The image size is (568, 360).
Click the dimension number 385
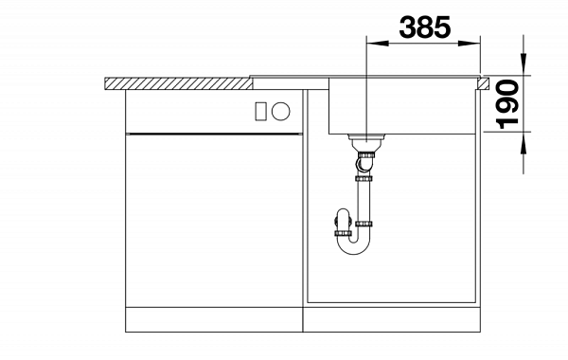click(425, 27)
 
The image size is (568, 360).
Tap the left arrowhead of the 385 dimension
click(378, 44)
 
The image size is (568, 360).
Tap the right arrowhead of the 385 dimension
click(470, 44)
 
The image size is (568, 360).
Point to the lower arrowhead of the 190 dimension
click(524, 142)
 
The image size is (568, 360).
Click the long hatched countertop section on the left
click(179, 83)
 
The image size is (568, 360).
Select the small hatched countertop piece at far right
click(483, 83)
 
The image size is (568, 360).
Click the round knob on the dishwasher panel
click(281, 111)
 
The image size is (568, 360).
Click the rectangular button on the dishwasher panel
click(261, 111)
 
